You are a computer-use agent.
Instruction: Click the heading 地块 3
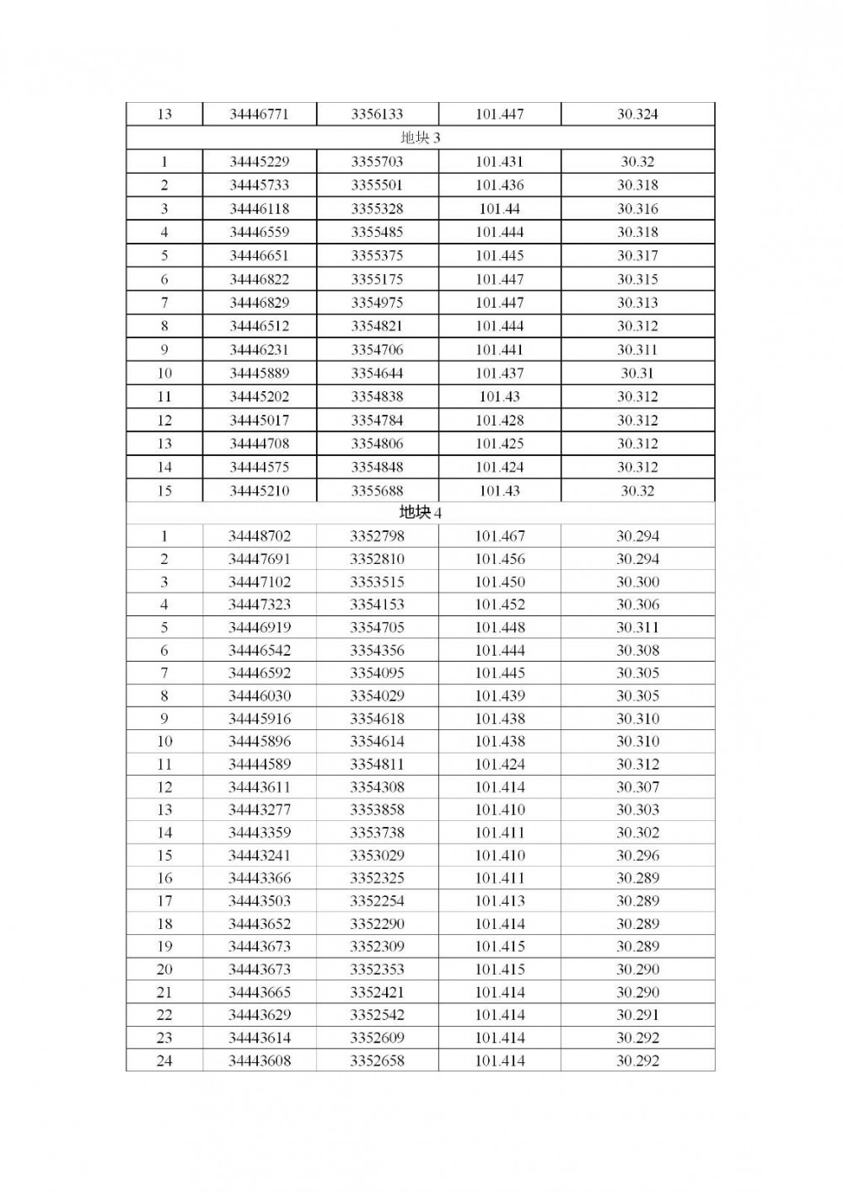420,137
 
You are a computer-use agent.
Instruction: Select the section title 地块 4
420,513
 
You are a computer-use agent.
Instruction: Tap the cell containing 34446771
259,114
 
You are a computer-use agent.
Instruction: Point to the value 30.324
637,114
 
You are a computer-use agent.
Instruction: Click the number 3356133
377,114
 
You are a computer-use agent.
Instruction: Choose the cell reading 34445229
259,162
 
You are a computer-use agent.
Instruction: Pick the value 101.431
499,162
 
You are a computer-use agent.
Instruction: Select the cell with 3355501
377,185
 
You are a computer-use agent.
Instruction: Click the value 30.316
637,209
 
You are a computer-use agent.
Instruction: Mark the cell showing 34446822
259,279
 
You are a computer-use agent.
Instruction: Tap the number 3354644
377,373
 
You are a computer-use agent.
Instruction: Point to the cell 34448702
259,536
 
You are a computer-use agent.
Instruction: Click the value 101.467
499,536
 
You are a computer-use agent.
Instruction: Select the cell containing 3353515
377,582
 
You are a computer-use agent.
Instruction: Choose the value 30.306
637,604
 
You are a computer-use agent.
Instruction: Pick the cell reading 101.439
499,695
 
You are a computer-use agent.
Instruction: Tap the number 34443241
259,855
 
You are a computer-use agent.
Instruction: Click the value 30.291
637,1015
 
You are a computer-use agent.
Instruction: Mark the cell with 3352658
377,1060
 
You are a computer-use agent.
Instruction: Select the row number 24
164,1060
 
